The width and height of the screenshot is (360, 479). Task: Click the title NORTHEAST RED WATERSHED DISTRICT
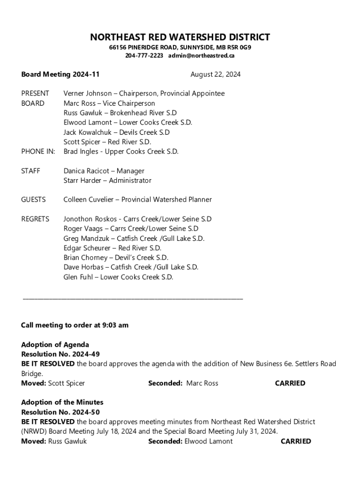[180, 37]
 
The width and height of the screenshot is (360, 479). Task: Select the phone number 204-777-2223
[144, 56]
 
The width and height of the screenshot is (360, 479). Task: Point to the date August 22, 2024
[215, 74]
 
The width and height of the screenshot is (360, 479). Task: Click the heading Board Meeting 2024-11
[60, 74]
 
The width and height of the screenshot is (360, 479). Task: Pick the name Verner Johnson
[87, 94]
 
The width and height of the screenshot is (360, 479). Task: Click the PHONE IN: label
[38, 152]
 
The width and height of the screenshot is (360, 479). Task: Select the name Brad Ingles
[81, 152]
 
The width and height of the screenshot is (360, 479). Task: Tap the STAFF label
[31, 171]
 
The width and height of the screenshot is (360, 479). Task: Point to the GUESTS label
[34, 200]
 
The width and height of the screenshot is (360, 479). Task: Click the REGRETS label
[36, 219]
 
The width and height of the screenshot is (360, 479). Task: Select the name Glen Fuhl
[79, 277]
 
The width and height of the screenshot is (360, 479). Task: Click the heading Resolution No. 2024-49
[60, 354]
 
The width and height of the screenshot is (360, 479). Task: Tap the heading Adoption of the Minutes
[62, 402]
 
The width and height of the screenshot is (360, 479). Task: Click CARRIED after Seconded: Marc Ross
[290, 383]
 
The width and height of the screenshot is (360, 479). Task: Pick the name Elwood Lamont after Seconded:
[209, 441]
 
